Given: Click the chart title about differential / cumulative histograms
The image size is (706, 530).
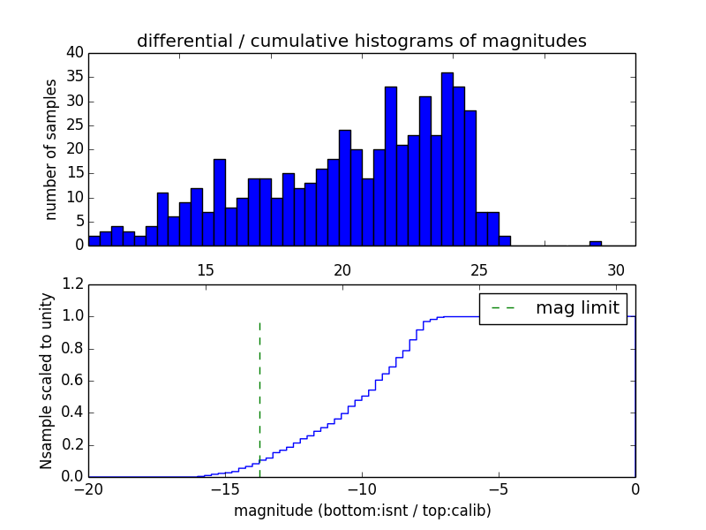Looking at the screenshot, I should click(361, 41).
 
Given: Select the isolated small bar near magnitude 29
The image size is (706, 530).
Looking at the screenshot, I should click(596, 243).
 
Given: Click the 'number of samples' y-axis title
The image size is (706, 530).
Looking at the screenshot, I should click(51, 149).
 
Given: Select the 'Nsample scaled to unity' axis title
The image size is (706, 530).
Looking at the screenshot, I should click(47, 380).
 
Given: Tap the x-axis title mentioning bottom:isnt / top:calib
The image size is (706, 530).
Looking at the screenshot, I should click(362, 511).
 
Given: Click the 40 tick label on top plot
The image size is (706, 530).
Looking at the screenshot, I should click(74, 53).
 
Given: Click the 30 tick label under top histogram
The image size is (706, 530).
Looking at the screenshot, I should click(616, 270).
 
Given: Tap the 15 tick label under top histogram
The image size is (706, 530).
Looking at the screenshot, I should click(206, 270).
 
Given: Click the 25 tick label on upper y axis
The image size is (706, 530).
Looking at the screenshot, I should click(74, 125).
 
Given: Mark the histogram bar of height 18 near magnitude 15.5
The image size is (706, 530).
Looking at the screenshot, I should click(220, 202).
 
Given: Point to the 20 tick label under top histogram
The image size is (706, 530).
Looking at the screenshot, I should click(342, 270).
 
